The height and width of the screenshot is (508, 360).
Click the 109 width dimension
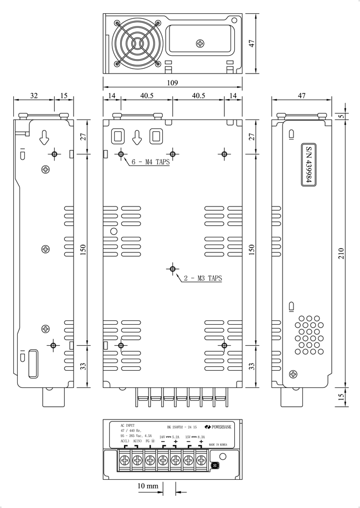(172, 83)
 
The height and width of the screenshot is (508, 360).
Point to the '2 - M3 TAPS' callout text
(203, 278)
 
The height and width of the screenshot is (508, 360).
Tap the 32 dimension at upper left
(34, 96)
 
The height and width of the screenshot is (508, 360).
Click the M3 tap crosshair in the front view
(173, 269)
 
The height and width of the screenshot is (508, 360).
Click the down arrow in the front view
(138, 136)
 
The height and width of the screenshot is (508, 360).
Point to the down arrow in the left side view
(44, 137)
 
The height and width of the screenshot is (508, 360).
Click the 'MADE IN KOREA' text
(218, 443)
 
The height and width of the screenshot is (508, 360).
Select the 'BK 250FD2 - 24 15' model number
(182, 427)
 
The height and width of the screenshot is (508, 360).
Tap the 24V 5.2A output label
(169, 437)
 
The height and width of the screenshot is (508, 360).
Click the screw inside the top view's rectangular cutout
(200, 43)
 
